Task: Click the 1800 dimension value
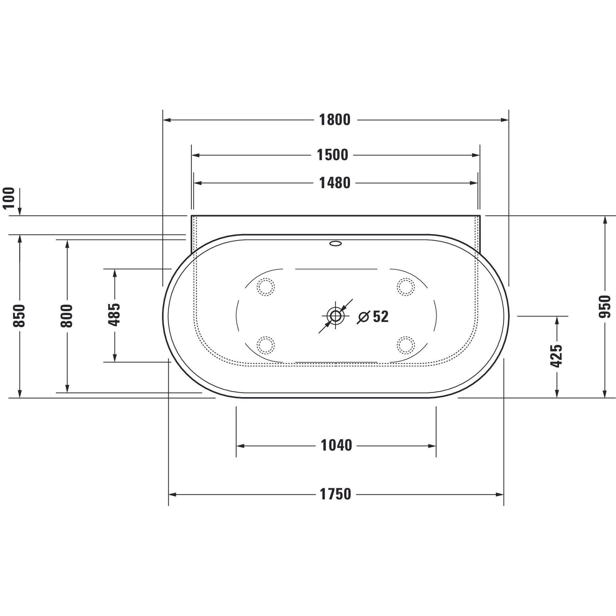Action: click(x=334, y=120)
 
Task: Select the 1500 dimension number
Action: click(x=332, y=155)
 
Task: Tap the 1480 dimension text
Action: click(x=334, y=183)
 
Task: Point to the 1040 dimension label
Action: click(x=336, y=445)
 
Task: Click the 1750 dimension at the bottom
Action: click(x=335, y=494)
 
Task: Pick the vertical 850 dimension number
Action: click(x=19, y=316)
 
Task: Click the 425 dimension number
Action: click(x=557, y=356)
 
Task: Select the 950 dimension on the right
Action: click(x=605, y=307)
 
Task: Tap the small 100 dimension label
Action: click(x=9, y=198)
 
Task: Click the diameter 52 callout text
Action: click(x=373, y=317)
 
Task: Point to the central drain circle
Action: click(x=335, y=316)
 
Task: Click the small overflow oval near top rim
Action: click(x=335, y=244)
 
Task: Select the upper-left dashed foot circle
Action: click(x=265, y=287)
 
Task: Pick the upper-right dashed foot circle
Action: click(x=406, y=287)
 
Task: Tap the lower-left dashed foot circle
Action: click(x=265, y=345)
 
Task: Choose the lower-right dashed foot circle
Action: click(x=406, y=345)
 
